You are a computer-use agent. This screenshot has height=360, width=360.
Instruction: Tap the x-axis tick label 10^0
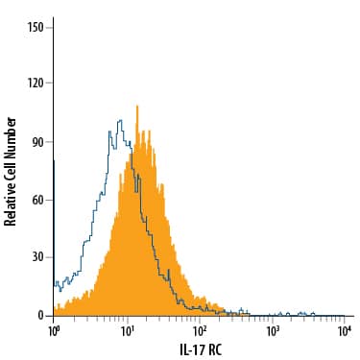pos(54,330)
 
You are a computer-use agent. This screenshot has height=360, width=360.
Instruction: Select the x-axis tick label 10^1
pos(127,330)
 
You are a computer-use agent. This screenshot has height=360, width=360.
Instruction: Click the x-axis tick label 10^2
pos(200,330)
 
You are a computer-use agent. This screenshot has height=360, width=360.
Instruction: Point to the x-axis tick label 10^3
pos(273,330)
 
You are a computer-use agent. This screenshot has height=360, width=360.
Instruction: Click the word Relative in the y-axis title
pos(12,201)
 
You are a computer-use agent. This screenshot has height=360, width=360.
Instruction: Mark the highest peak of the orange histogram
pos(137,107)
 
